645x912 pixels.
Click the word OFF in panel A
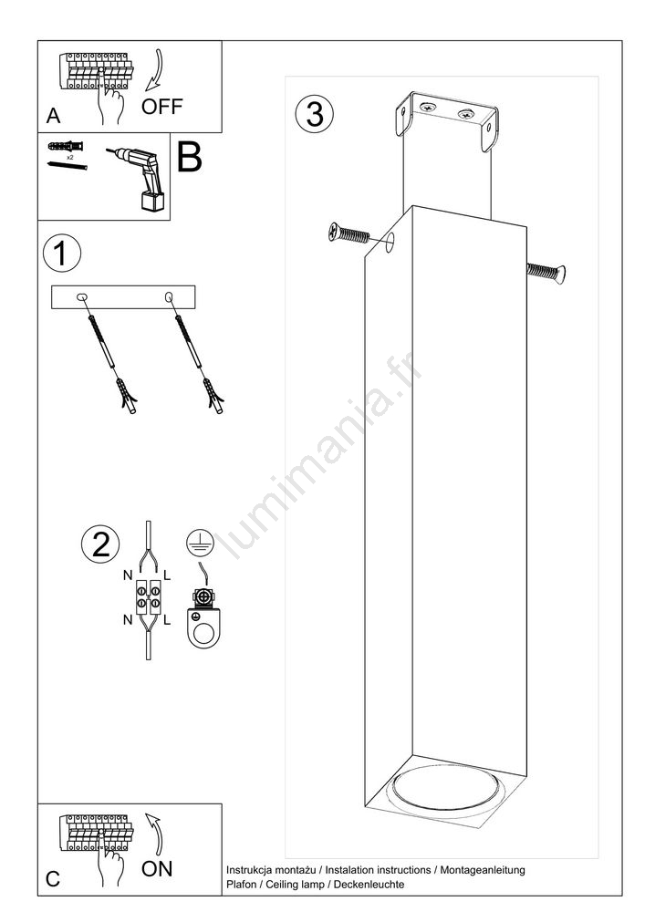[161, 107]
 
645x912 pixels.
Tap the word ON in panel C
[157, 869]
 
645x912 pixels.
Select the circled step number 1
[62, 253]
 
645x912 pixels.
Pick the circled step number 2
[100, 544]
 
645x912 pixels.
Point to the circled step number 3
[315, 113]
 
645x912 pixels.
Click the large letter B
[189, 157]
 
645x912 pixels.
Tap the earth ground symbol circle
[200, 543]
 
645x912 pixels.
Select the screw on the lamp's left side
[349, 233]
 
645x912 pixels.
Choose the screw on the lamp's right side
[546, 272]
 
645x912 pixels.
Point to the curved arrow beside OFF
[155, 71]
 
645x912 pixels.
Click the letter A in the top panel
[53, 116]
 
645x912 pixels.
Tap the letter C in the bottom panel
[53, 878]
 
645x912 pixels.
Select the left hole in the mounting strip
[82, 298]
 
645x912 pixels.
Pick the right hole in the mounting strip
[170, 297]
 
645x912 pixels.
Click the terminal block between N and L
[149, 596]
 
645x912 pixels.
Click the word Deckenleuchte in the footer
[369, 884]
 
